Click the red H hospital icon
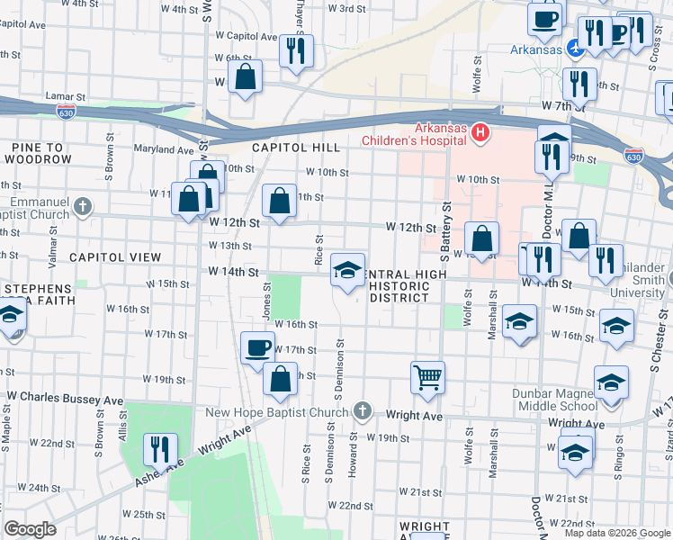(480, 134)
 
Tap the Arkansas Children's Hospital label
(414, 134)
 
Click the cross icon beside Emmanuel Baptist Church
(83, 207)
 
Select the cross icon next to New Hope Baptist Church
(362, 412)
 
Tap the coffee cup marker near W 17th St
(257, 347)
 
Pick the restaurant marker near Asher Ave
(160, 448)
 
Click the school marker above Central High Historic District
(347, 269)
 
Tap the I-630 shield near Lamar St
(65, 111)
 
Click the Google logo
(31, 529)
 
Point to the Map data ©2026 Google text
(617, 533)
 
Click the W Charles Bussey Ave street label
(65, 397)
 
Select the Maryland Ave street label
(164, 150)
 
